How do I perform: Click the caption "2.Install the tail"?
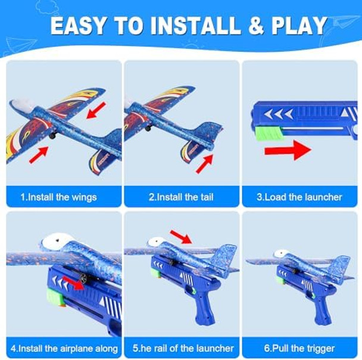[181, 197]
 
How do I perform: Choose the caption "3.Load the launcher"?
[299, 197]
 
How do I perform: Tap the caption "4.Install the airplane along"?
[63, 348]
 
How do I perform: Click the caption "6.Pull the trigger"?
[300, 348]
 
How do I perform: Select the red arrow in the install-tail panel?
[204, 162]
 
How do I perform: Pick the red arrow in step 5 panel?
[181, 237]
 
